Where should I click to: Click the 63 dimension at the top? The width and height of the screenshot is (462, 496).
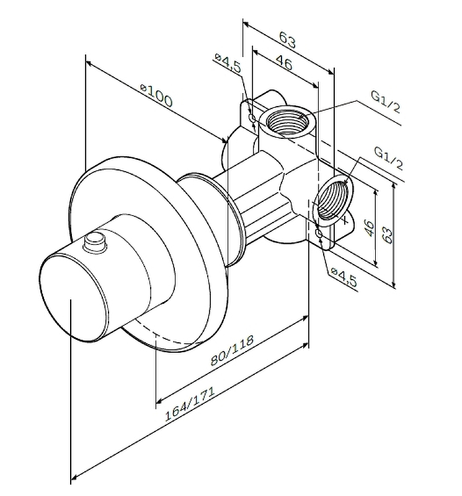287,42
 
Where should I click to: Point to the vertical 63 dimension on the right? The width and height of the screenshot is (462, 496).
387,234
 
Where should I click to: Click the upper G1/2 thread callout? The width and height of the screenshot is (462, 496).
386,102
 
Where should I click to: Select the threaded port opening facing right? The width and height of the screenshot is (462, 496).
334,200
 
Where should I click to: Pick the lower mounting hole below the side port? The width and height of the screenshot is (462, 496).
319,234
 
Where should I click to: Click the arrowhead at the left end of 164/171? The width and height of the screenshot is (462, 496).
75,477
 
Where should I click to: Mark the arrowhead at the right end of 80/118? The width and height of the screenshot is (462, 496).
306,317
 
